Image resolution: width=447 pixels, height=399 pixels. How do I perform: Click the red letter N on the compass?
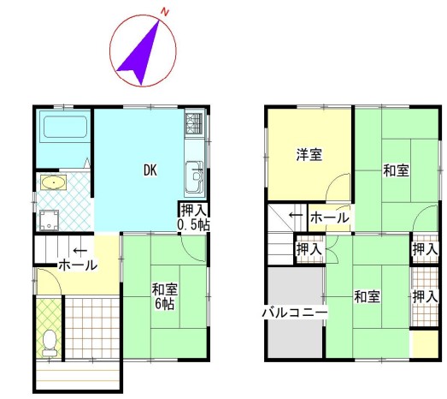[x=165, y=12]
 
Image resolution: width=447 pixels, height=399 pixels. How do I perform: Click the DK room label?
[x=150, y=170]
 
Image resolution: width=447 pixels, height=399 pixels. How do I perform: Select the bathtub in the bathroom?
[x=65, y=127]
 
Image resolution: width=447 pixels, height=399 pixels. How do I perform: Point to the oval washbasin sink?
[x=54, y=182]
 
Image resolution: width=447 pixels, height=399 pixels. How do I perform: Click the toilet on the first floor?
[x=50, y=342]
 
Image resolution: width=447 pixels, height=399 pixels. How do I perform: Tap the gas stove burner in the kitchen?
[x=194, y=123]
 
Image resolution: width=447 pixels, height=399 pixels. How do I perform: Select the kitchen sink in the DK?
[x=195, y=176]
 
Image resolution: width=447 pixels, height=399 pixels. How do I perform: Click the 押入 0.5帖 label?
[x=194, y=217]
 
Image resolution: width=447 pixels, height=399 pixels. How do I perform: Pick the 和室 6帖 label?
[x=165, y=296]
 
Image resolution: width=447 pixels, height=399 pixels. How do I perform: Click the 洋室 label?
[x=309, y=154]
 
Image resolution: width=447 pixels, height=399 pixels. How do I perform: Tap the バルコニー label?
[x=295, y=313]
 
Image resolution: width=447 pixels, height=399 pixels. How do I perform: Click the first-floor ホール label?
[x=78, y=265]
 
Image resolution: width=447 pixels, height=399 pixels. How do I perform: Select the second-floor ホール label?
[x=330, y=218]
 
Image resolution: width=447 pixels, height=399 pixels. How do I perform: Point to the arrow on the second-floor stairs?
[x=297, y=215]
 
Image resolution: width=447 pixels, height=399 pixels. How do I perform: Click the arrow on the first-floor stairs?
[x=80, y=251]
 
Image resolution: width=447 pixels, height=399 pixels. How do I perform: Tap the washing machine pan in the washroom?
[x=49, y=220]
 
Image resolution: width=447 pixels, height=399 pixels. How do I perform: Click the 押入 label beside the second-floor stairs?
[x=309, y=249]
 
